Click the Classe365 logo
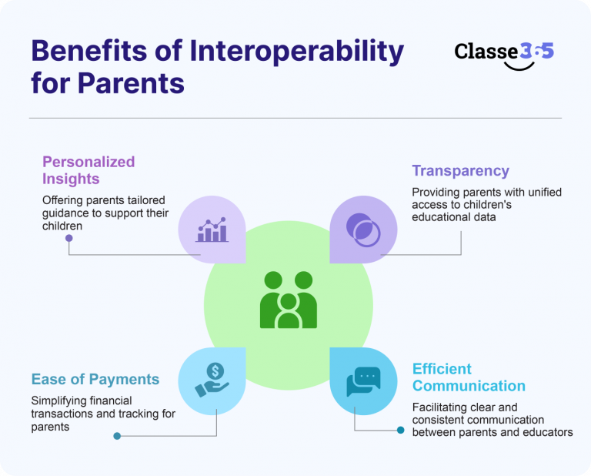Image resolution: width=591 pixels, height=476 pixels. (x=504, y=55)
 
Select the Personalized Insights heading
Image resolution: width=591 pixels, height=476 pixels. (x=88, y=170)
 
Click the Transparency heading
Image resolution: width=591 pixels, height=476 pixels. (x=461, y=170)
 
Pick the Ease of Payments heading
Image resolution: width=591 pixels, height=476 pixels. (x=95, y=379)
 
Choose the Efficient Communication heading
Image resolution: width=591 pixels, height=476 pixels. (x=469, y=377)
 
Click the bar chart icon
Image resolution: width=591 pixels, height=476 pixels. (x=212, y=230)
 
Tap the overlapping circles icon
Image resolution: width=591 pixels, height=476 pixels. (x=363, y=230)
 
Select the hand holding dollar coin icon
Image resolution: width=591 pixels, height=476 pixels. (x=212, y=380)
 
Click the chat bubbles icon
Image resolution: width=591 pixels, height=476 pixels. (x=363, y=381)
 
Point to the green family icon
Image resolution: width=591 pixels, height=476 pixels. (x=289, y=300)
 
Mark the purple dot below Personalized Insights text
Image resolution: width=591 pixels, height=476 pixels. (x=69, y=238)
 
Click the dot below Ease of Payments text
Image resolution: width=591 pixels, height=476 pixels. (x=117, y=436)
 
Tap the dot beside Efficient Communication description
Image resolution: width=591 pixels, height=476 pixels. (x=401, y=430)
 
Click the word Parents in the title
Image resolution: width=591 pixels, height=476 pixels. (x=131, y=84)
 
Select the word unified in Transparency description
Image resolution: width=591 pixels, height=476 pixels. (x=545, y=193)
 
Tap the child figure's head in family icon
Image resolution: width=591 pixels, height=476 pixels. (x=289, y=301)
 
